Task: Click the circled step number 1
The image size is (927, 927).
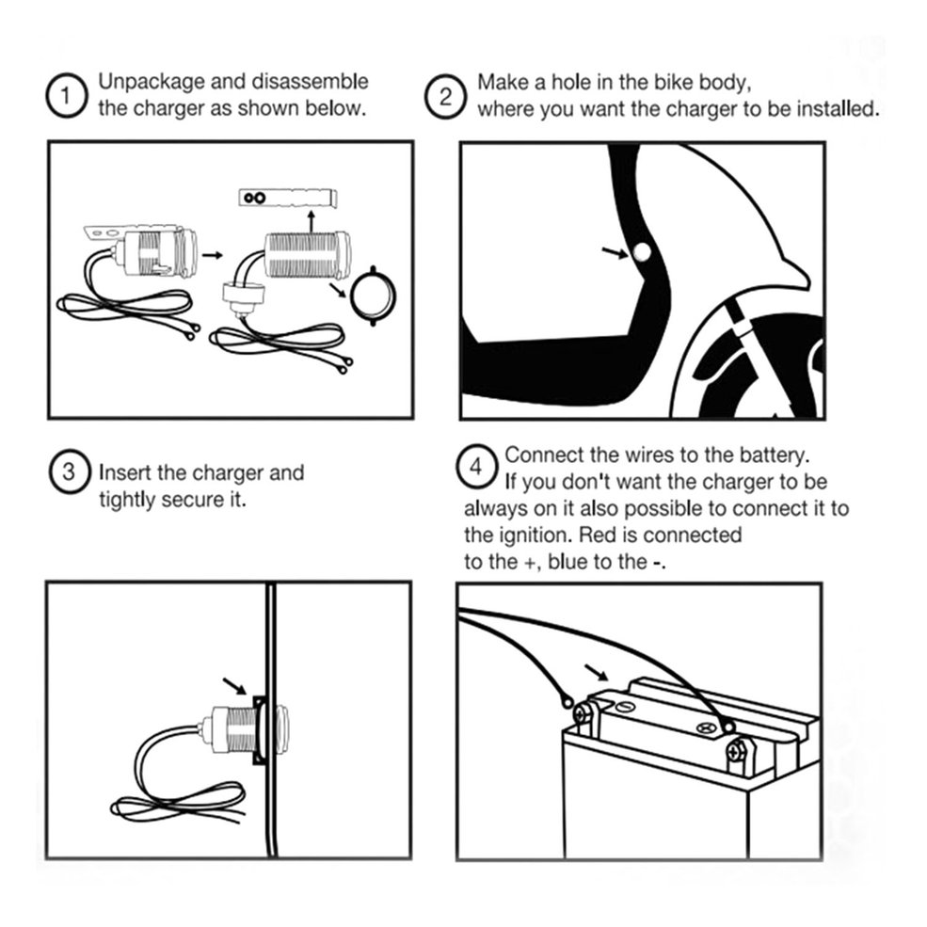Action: (x=67, y=95)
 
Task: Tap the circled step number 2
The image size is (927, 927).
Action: (x=446, y=96)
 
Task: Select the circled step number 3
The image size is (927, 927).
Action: (x=69, y=471)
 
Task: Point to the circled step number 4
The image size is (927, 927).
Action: (x=476, y=467)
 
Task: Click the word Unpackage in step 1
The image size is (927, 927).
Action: (x=152, y=82)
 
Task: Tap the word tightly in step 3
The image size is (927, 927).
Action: (x=126, y=500)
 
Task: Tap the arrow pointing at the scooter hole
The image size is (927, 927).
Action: (x=615, y=253)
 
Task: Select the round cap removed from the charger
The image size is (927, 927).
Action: (x=373, y=296)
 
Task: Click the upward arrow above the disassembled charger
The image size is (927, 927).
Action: (x=312, y=220)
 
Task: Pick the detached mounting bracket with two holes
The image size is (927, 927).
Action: (x=288, y=198)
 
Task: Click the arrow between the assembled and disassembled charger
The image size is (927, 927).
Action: (x=213, y=255)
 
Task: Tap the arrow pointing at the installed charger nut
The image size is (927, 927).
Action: (x=234, y=686)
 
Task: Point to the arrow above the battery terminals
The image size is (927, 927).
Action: (x=596, y=672)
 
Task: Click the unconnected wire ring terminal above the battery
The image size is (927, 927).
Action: (x=566, y=702)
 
